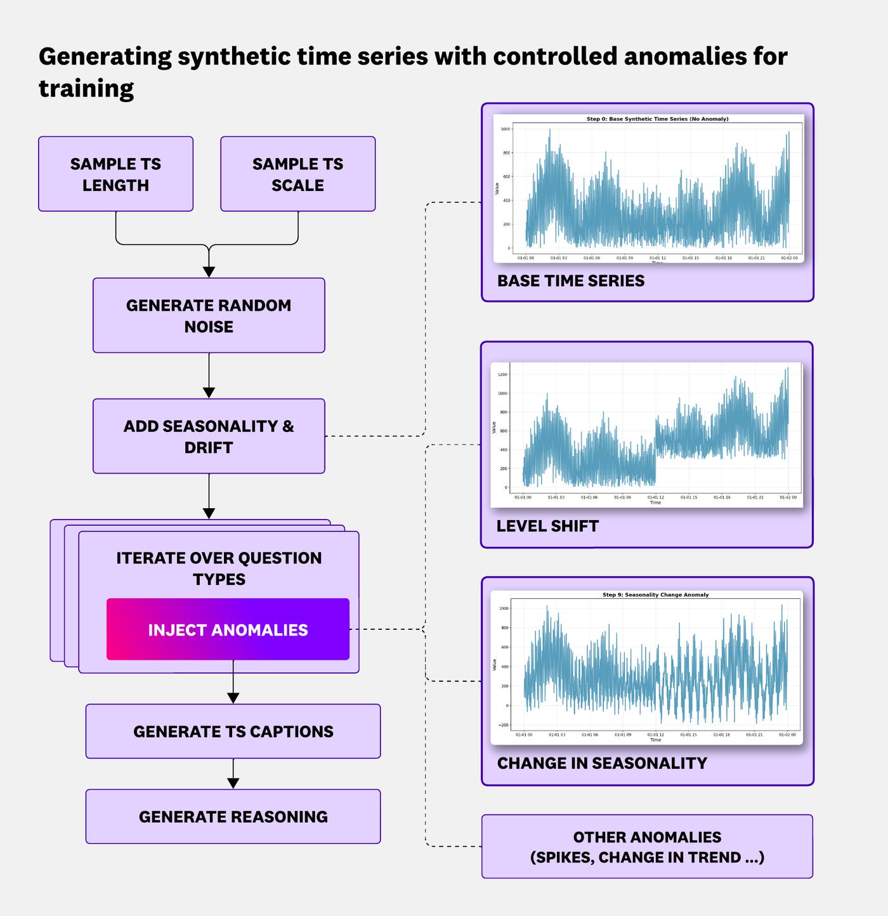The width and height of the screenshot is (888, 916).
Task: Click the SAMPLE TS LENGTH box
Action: pos(115,174)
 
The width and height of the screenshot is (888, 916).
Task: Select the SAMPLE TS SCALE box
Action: pos(297,174)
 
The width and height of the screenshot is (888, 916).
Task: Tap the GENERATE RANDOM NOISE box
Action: pos(209,315)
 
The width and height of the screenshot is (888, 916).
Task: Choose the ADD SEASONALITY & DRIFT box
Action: pos(209,436)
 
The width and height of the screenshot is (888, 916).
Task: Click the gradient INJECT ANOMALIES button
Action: pos(228,629)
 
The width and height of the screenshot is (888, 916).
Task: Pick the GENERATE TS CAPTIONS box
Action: pos(233,731)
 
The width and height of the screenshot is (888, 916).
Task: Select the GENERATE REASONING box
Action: pos(233,816)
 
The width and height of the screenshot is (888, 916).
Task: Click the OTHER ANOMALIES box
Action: pos(647,847)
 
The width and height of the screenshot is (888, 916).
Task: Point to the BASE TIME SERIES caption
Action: pos(570,281)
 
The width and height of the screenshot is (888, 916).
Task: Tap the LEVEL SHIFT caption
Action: pos(547,526)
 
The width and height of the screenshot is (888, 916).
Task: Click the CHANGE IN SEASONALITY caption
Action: pos(601,763)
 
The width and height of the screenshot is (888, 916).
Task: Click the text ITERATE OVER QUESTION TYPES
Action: pos(219,568)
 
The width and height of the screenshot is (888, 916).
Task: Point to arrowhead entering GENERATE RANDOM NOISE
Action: pos(209,272)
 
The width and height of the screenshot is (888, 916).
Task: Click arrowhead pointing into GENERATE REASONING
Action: pos(233,783)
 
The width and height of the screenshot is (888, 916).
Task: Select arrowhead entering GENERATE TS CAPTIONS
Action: pos(233,698)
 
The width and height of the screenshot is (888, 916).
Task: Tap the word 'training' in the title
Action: pos(86,88)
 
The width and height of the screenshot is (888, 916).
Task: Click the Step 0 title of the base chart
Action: pos(657,119)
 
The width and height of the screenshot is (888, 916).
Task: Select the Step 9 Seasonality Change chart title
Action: pos(655,595)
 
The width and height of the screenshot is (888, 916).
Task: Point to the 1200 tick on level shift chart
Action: pos(502,374)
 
